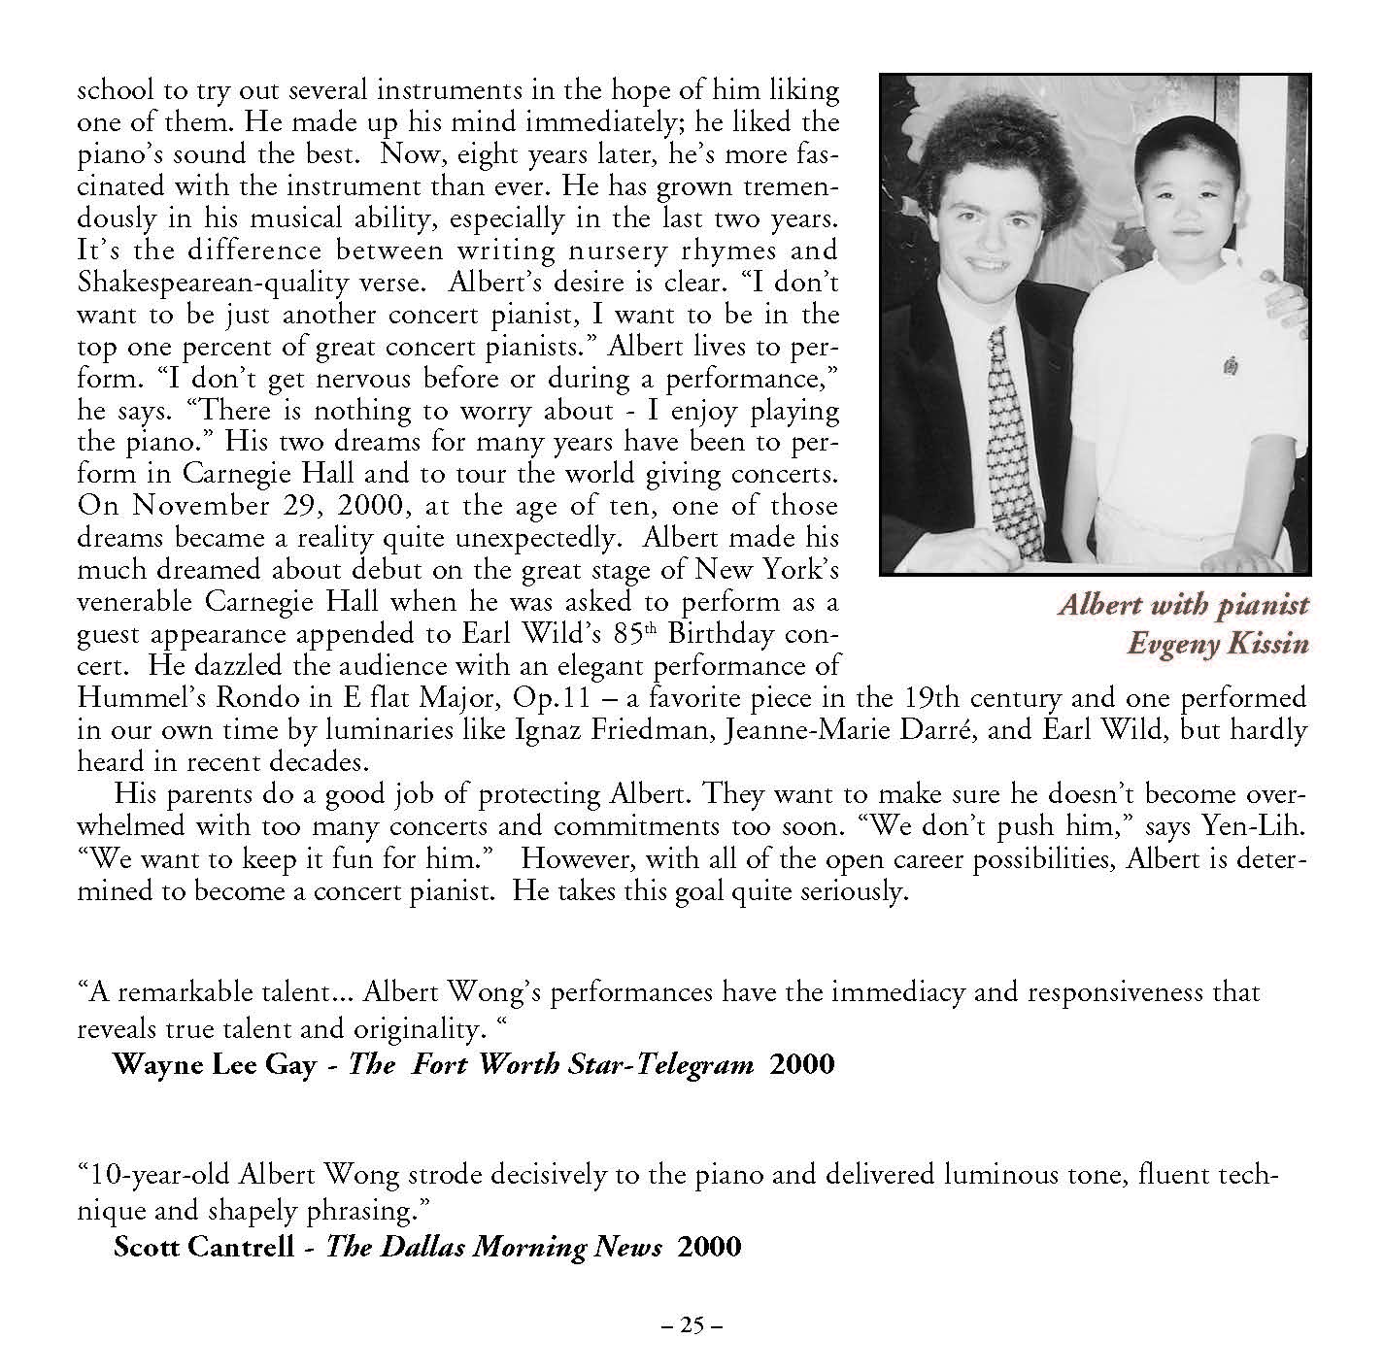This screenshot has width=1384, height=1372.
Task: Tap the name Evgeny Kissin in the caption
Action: click(1217, 644)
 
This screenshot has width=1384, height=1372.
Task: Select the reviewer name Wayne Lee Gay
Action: click(215, 1065)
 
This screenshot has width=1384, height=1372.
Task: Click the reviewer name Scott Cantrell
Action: click(203, 1247)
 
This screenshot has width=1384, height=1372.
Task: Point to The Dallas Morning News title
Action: click(493, 1247)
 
